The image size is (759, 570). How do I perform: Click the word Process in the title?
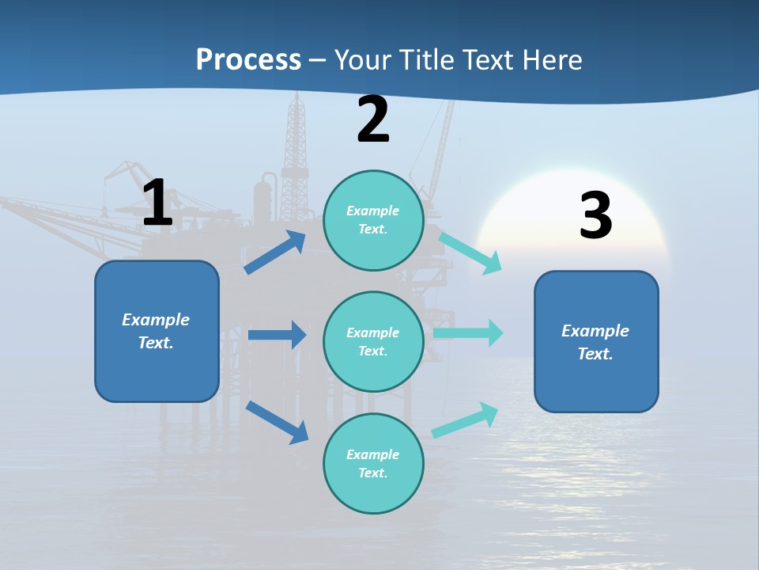248,60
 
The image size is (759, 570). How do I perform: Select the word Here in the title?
551,60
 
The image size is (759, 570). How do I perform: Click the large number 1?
157,203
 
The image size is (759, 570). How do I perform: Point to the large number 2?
373,120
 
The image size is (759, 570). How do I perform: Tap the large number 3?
595,215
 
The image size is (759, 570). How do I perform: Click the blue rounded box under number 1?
157,331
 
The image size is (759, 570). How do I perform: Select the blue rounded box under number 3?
596,342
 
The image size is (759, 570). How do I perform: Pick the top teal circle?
373,220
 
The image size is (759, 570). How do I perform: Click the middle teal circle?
373,342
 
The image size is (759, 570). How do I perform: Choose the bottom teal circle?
373,464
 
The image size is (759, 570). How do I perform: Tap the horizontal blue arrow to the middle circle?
277,335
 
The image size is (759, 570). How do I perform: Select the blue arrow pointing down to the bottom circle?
278,422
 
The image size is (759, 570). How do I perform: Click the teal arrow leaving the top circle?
470,253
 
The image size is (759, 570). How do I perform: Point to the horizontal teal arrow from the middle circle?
468,333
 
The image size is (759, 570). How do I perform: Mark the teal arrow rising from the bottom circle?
466,420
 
